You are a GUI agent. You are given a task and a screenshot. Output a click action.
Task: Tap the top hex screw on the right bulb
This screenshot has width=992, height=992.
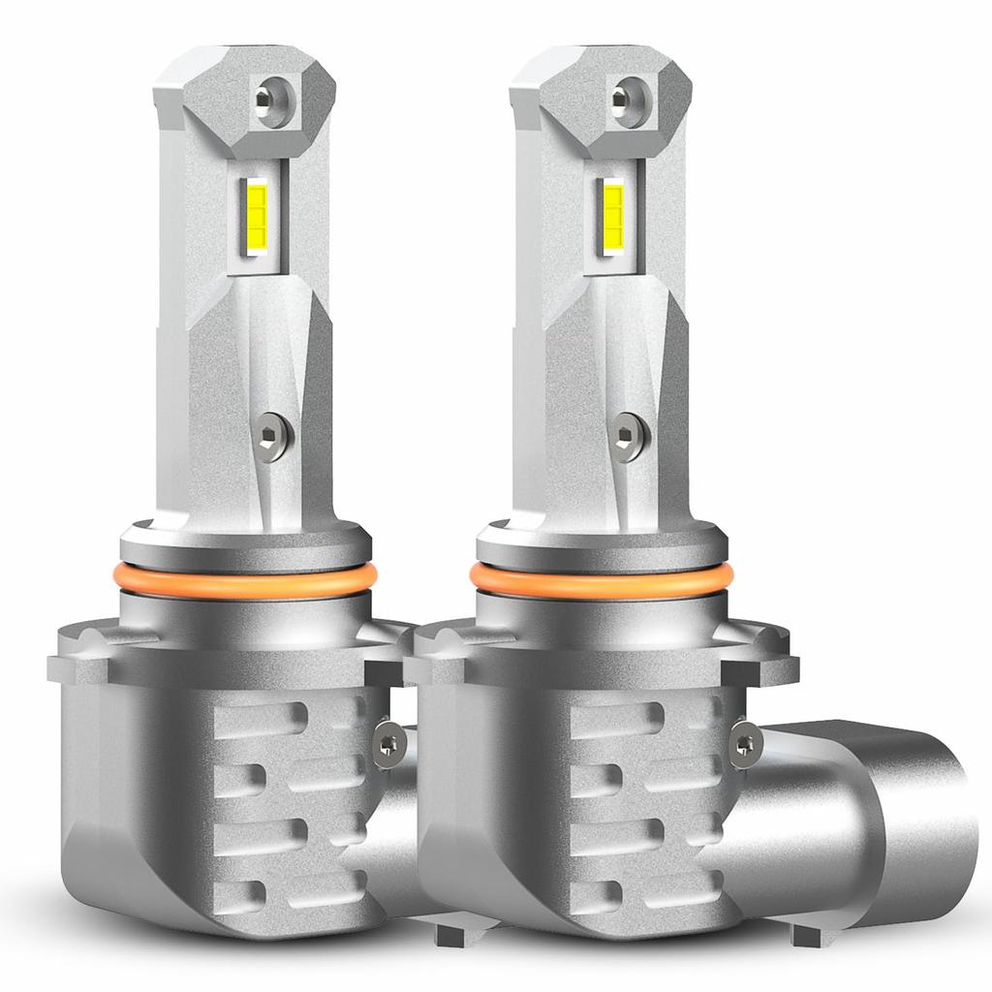click(x=622, y=97)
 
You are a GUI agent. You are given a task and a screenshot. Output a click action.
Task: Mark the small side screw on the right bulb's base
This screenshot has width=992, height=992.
click(x=744, y=744)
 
